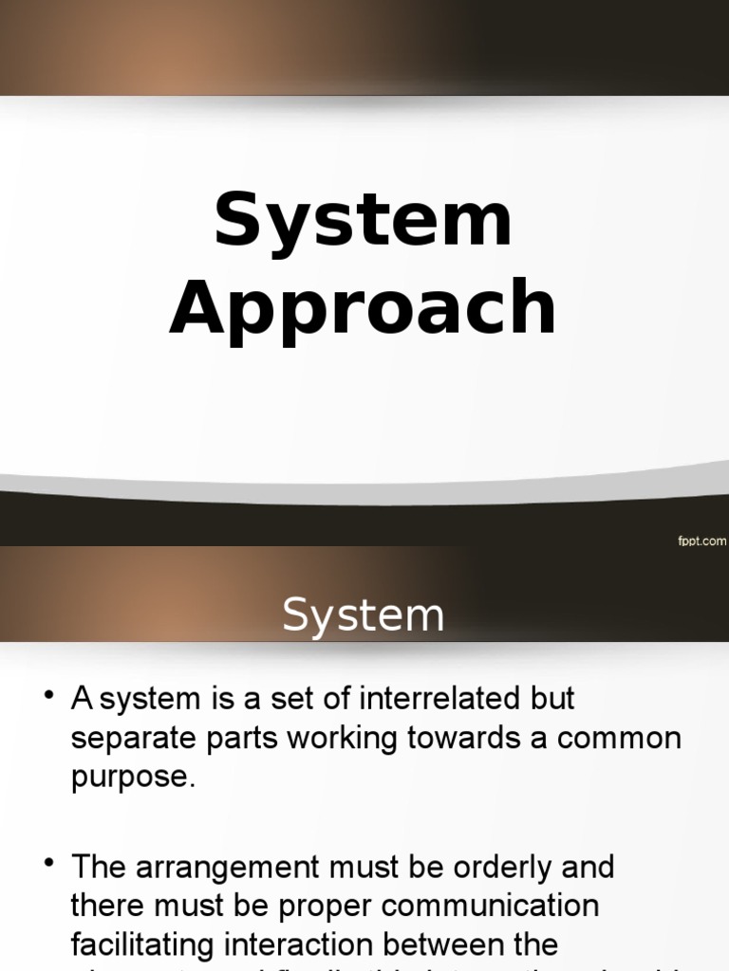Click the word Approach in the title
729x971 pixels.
coord(364,309)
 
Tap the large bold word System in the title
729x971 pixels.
coord(364,220)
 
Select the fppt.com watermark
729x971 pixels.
coord(701,540)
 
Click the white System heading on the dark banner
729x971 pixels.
coord(364,616)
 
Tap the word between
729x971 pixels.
coord(455,944)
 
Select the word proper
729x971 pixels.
coord(318,906)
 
